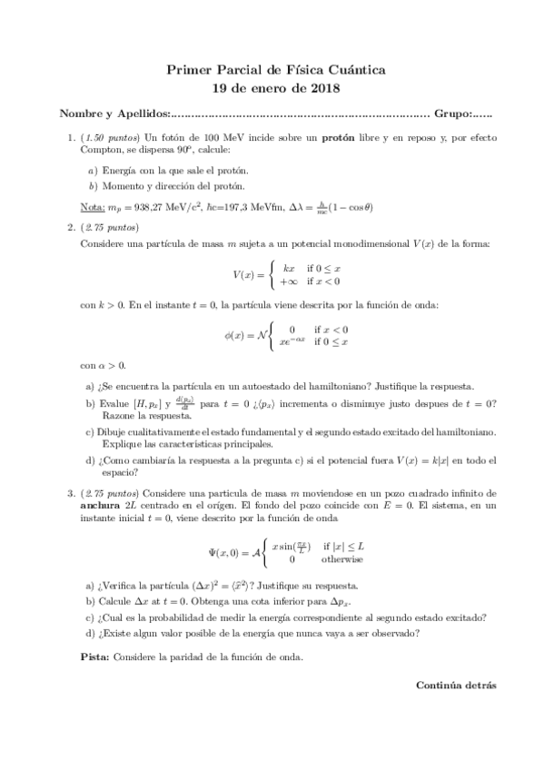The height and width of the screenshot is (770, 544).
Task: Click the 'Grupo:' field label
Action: point(453,114)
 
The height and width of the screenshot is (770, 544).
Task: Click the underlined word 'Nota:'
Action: point(93,206)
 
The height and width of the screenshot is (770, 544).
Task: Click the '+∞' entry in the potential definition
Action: point(291,281)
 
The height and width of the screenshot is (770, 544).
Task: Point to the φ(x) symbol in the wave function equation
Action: point(236,335)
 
